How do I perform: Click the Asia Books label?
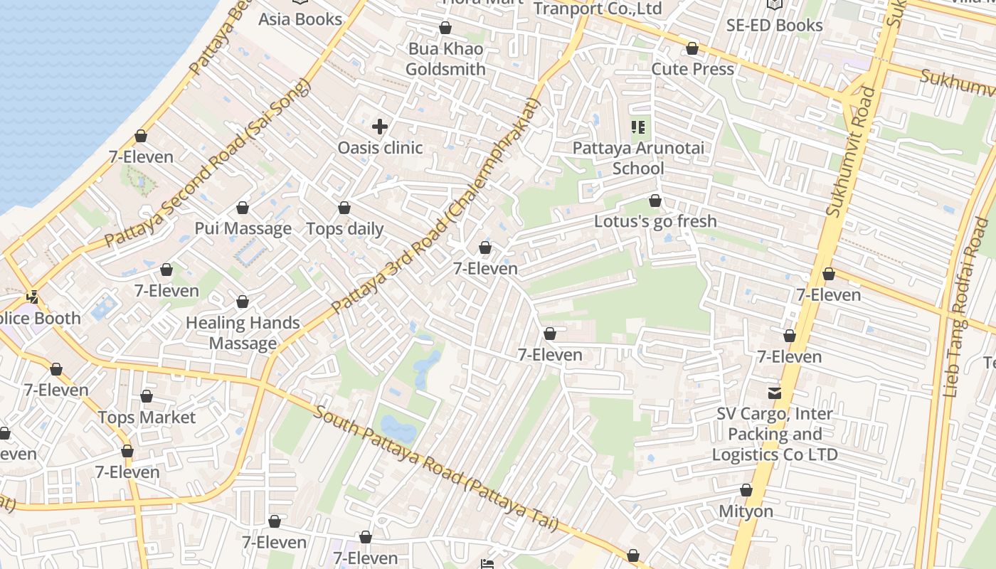(x=300, y=19)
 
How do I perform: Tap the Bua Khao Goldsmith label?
(x=445, y=59)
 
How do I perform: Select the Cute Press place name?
(x=692, y=69)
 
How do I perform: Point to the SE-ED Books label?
(x=774, y=25)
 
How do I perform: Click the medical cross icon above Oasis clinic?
(x=380, y=127)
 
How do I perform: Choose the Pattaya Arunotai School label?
(x=638, y=159)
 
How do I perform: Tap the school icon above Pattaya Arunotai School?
(x=638, y=128)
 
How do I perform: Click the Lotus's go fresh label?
(x=655, y=221)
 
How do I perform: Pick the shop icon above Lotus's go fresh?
(x=655, y=201)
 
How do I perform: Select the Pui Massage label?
(x=243, y=228)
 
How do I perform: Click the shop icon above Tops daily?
(x=344, y=208)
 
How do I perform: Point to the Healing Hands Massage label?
(x=243, y=333)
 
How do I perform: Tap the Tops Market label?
(x=147, y=418)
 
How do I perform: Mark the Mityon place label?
(x=746, y=511)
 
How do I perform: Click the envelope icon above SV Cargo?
(x=774, y=393)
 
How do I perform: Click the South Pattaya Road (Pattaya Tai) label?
(x=435, y=468)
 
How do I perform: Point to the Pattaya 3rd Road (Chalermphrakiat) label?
(x=436, y=206)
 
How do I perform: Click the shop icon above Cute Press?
(x=692, y=49)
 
